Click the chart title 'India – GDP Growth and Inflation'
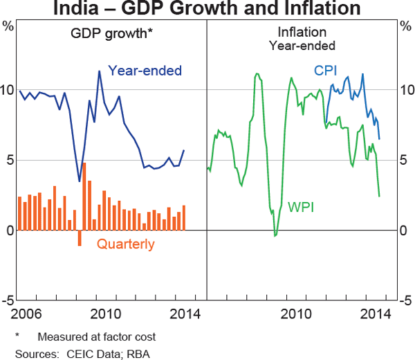tap(207, 9)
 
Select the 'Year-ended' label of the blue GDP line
tap(145, 70)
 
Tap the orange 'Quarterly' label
tap(125, 244)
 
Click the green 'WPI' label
tap(301, 206)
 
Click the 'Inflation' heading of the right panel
tap(303, 33)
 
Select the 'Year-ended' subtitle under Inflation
tap(303, 46)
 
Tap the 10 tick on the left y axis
tap(8, 90)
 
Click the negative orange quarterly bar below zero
tap(80, 237)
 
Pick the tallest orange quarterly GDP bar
tap(84, 197)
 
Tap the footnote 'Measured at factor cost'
tap(96, 337)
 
